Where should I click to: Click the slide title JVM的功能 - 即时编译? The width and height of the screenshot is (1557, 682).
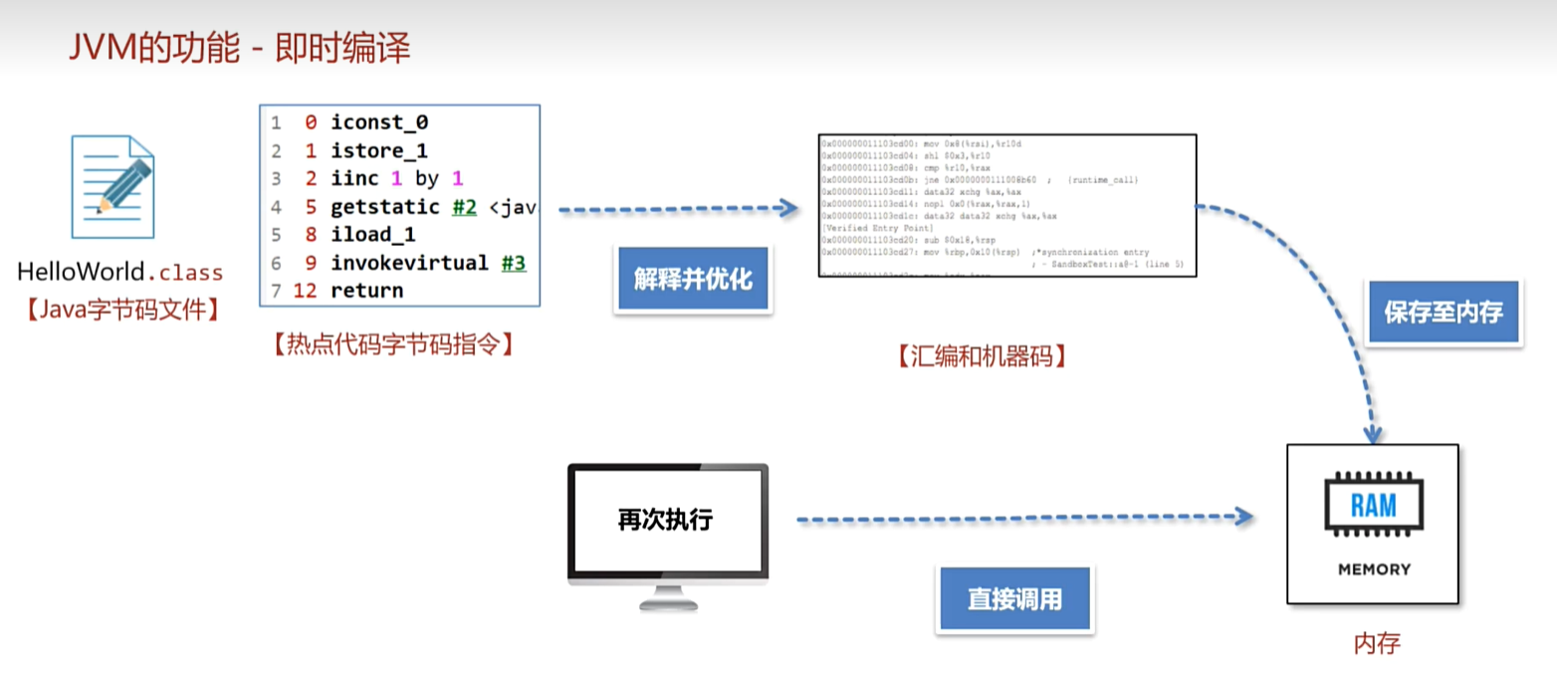coord(239,47)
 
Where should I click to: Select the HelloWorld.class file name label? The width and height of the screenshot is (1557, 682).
coord(120,272)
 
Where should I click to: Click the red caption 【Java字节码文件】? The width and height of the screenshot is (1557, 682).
coord(120,310)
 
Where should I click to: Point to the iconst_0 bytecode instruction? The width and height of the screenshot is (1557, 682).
coord(379,123)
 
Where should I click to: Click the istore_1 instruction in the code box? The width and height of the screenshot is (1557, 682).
coord(379,151)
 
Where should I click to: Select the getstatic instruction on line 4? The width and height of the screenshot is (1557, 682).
coord(384,207)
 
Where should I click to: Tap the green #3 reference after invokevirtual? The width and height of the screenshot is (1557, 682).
coord(513,263)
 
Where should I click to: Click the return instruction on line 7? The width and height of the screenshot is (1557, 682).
coord(367,291)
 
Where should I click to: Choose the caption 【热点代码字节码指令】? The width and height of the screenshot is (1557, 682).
coord(392,344)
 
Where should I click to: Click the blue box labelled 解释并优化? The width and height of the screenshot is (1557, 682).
coord(693,279)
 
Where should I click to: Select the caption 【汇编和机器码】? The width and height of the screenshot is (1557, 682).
coord(982,356)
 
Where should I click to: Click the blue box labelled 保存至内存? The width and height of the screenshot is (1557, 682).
coord(1444,313)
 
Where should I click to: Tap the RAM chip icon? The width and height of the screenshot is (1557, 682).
coord(1373,507)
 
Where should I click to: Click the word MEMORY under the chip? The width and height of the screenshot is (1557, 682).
coord(1373,569)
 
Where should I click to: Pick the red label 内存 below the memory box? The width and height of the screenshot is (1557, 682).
coord(1377,643)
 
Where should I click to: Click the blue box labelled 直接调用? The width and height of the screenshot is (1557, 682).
coord(1014,599)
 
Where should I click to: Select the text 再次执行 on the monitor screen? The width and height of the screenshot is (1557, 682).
coord(665,519)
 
